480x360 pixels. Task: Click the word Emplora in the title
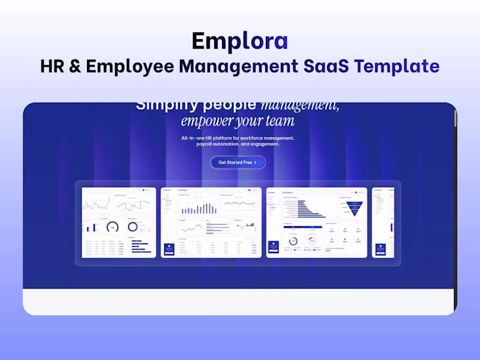pyautogui.click(x=240, y=41)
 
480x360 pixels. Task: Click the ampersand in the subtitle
pyautogui.click(x=74, y=66)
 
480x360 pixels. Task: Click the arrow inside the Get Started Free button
pyautogui.click(x=256, y=163)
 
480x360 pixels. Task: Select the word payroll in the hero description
pyautogui.click(x=206, y=144)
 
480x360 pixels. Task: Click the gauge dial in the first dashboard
pyautogui.click(x=112, y=227)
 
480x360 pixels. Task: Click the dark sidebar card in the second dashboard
pyautogui.click(x=169, y=248)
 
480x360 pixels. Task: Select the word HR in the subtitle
pyautogui.click(x=51, y=66)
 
